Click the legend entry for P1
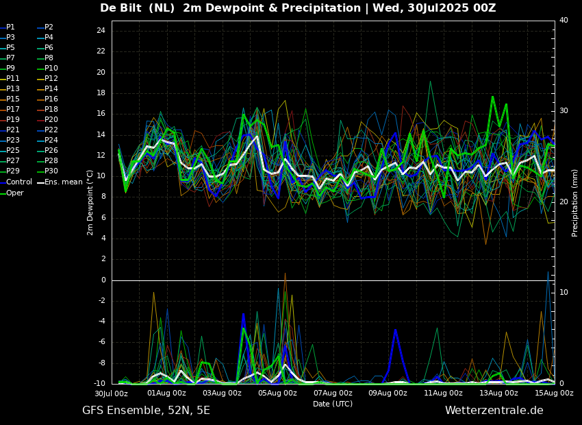point(10,27)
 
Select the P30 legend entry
point(51,171)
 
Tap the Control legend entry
point(18,182)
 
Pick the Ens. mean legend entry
point(63,182)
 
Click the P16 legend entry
point(51,99)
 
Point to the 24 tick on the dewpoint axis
point(101,31)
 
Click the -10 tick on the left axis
point(99,383)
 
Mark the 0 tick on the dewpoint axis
point(103,280)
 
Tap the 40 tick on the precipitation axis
point(564,21)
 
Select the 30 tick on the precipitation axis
point(564,111)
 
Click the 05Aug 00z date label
point(277,393)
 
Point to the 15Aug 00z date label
point(554,393)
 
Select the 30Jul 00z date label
point(111,393)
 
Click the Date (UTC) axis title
point(333,404)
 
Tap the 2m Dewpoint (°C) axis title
point(90,202)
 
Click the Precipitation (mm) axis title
point(575,202)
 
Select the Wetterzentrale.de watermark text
point(494,411)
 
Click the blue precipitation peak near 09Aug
point(395,331)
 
